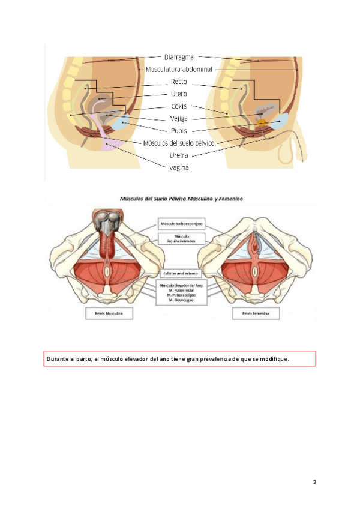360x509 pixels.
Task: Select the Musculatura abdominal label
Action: pyautogui.click(x=179, y=69)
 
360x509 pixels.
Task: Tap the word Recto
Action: pyautogui.click(x=179, y=81)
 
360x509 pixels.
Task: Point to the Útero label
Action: pyautogui.click(x=179, y=94)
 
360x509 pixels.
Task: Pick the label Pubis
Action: pyautogui.click(x=179, y=130)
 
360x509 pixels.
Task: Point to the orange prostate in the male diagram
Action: pyautogui.click(x=261, y=122)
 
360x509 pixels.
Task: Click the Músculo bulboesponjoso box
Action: pyautogui.click(x=181, y=224)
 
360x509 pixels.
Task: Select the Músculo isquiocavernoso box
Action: pyautogui.click(x=181, y=239)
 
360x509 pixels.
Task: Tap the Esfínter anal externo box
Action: pyautogui.click(x=181, y=273)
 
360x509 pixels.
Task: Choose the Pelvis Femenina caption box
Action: pyautogui.click(x=255, y=313)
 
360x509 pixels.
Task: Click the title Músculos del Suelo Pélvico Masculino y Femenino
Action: pyautogui.click(x=180, y=197)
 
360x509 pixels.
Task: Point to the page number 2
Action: pyautogui.click(x=314, y=482)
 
